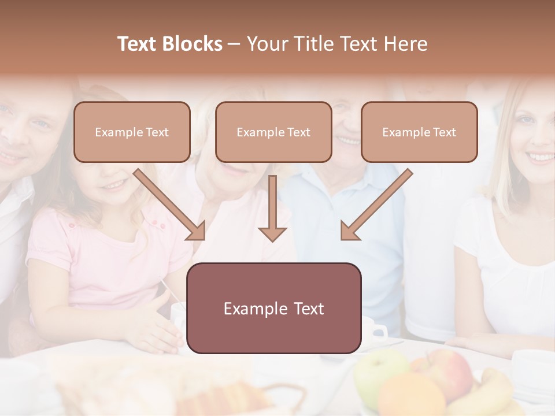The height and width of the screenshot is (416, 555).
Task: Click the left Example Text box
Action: pos(132,132)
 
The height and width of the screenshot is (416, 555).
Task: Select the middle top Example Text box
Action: pos(273,132)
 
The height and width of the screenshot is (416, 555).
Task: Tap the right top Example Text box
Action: pos(419,132)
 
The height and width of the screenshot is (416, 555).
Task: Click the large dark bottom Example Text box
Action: pos(274,308)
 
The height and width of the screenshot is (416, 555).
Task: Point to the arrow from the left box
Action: pos(171,205)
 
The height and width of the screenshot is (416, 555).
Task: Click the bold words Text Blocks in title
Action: pos(169,44)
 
